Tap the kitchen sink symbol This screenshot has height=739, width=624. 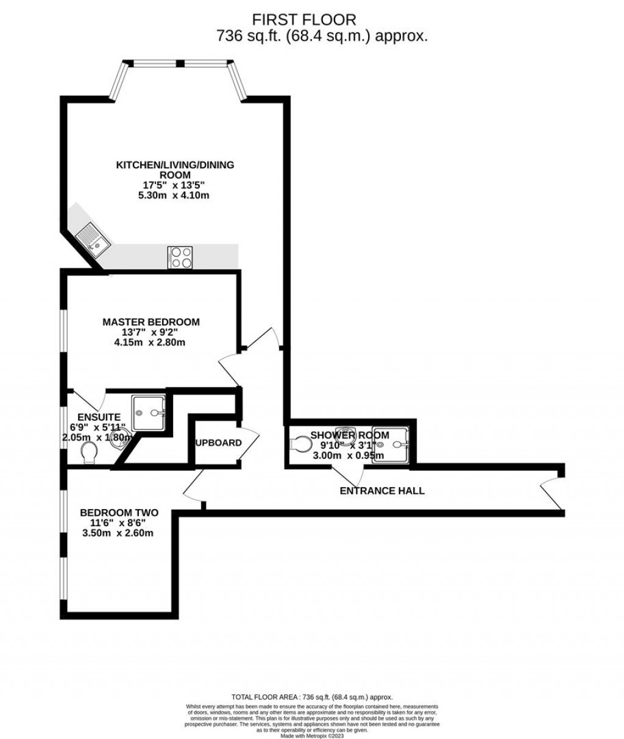click(93, 238)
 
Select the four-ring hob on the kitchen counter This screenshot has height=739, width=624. click(180, 257)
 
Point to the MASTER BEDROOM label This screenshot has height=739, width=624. click(151, 322)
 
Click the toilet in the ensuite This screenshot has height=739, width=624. click(89, 452)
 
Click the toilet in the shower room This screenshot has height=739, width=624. click(300, 444)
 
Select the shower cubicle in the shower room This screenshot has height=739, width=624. click(392, 444)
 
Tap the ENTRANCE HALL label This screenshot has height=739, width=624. click(382, 491)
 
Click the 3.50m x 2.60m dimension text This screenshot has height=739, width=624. click(118, 533)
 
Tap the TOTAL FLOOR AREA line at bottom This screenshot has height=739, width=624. click(312, 697)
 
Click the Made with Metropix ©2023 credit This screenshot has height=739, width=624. click(312, 736)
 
